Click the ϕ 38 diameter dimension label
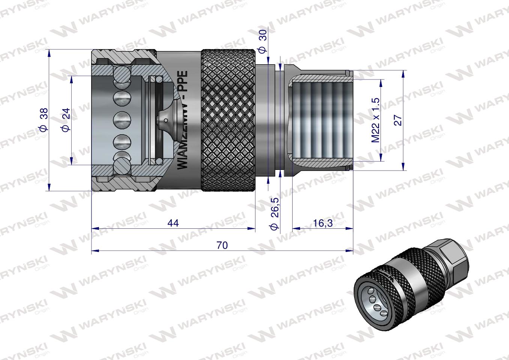pyautogui.click(x=44, y=120)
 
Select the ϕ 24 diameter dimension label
pyautogui.click(x=66, y=120)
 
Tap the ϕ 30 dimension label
pyautogui.click(x=263, y=41)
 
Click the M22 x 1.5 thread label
pyautogui.click(x=375, y=120)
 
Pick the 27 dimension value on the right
pyautogui.click(x=398, y=120)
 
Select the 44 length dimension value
pyautogui.click(x=173, y=223)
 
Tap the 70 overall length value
pyautogui.click(x=222, y=245)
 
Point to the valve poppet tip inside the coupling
pyautogui.click(x=165, y=120)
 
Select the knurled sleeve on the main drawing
pyautogui.click(x=229, y=120)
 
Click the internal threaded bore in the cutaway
pyautogui.click(x=321, y=120)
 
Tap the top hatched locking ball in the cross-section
pyautogui.click(x=122, y=74)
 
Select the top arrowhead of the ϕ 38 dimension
pyautogui.click(x=49, y=53)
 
